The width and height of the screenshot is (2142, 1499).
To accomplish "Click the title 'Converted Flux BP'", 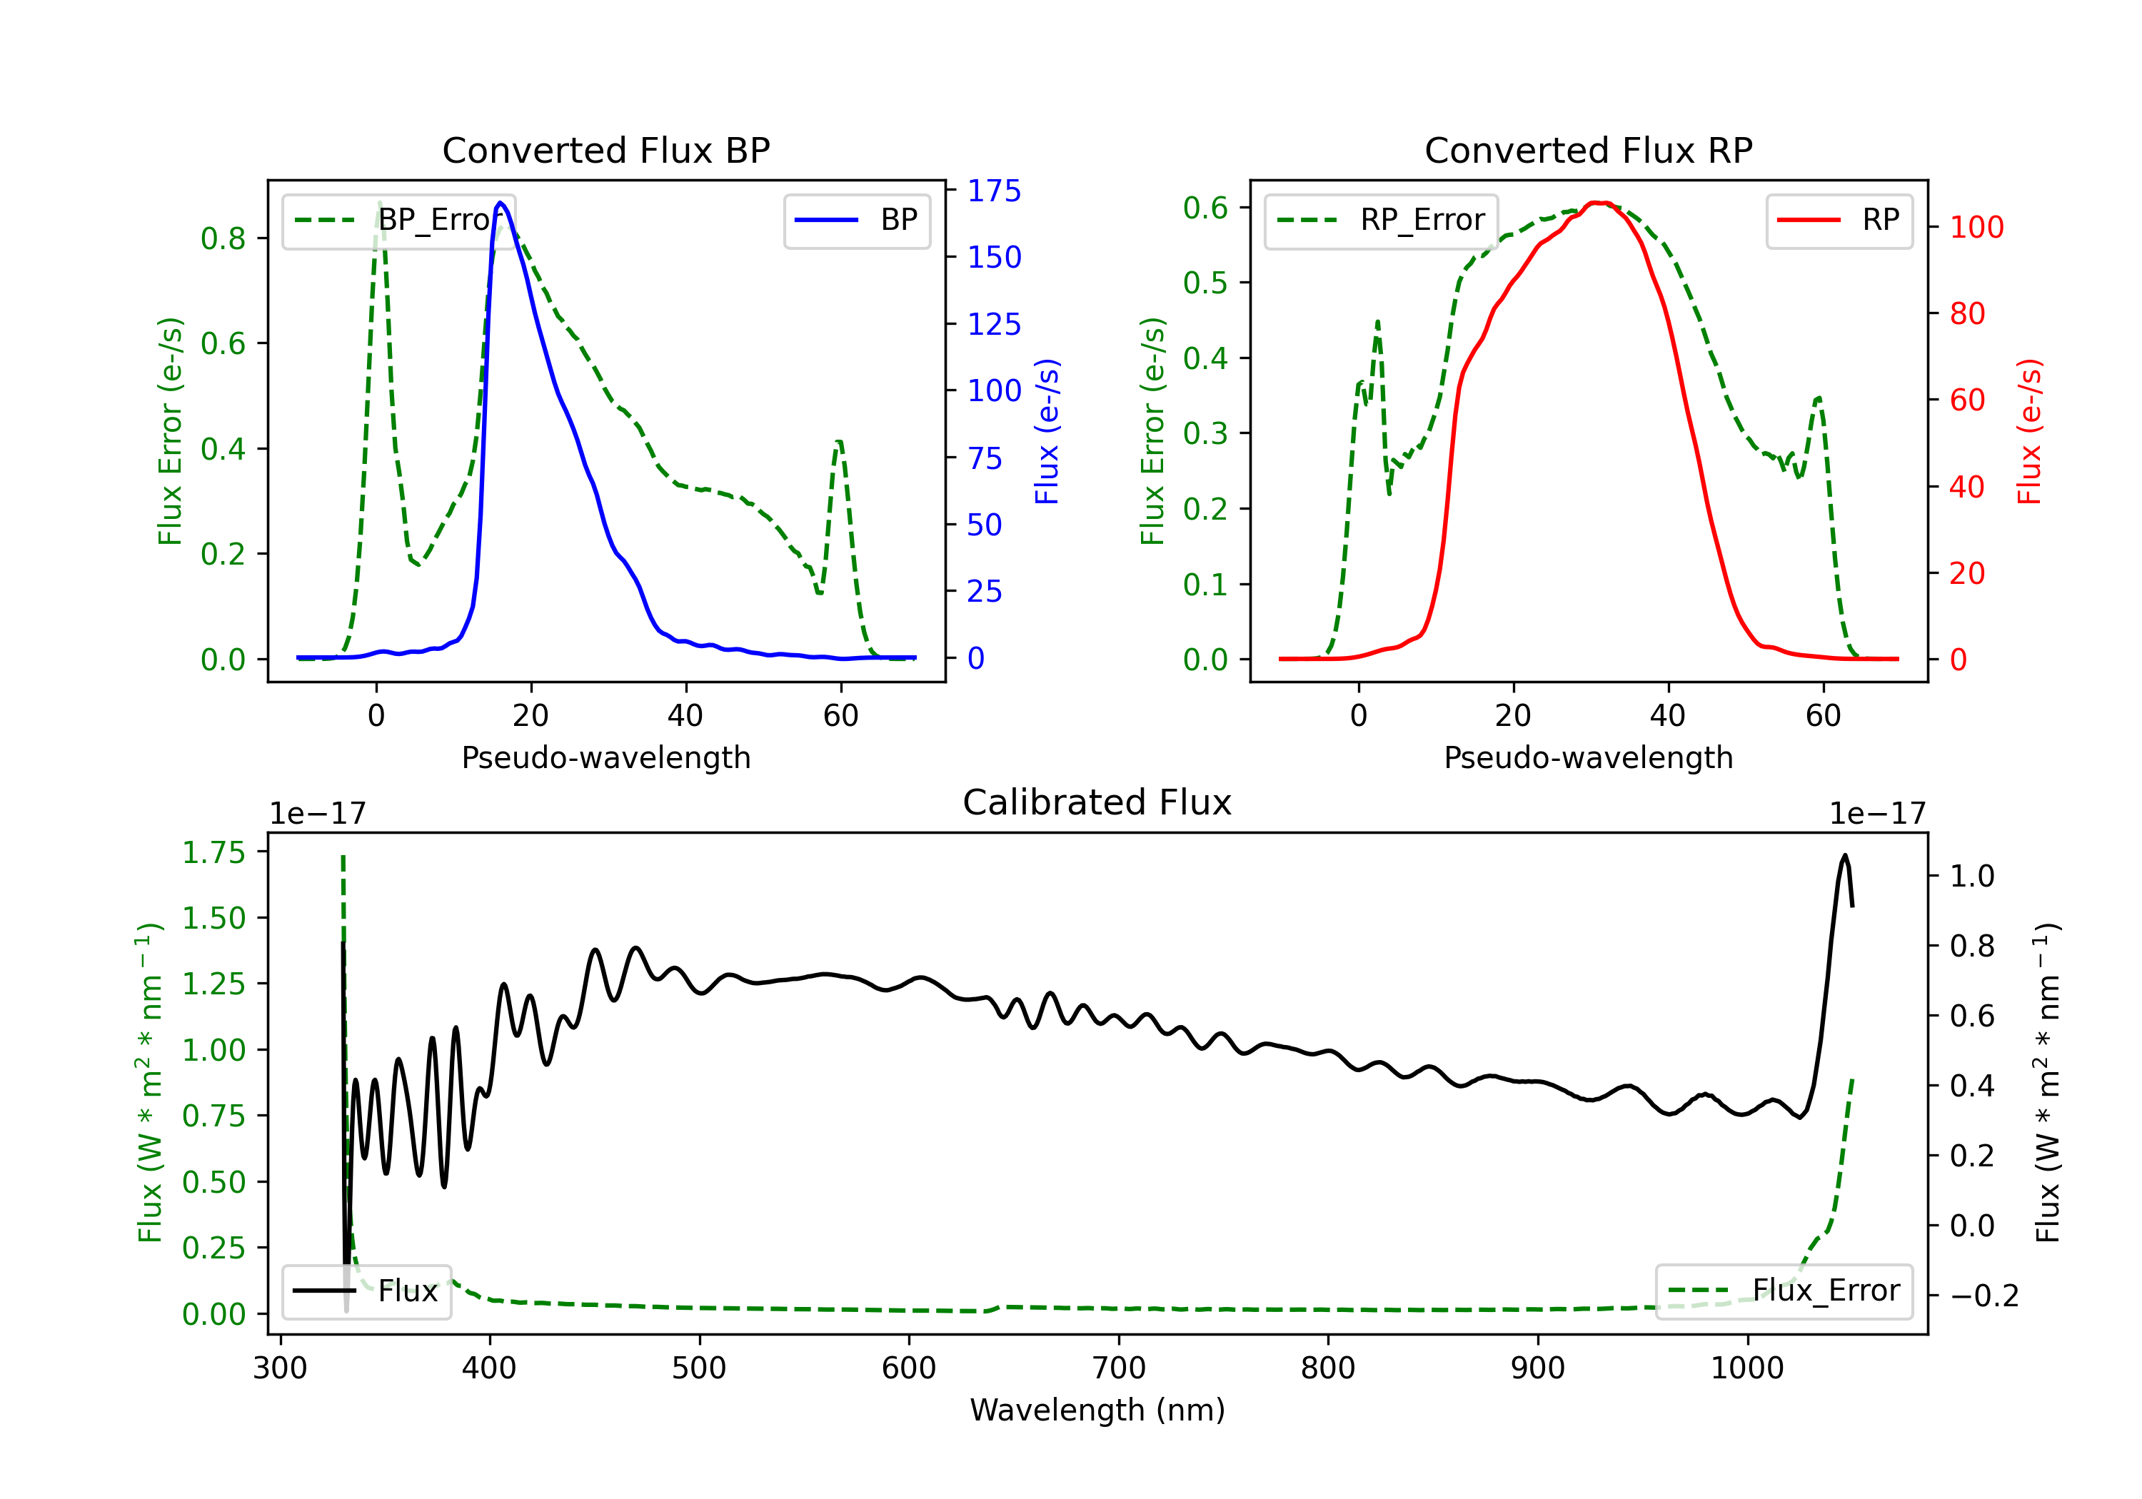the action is (605, 150).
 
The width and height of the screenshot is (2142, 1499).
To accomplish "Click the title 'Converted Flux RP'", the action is (1588, 150).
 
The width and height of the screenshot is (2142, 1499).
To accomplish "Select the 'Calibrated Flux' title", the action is (1097, 802).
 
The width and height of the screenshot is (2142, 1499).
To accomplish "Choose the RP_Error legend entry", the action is (1381, 220).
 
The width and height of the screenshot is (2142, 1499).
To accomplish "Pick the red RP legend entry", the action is (1839, 220).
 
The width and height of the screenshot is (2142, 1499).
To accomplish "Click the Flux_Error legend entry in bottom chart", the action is (1784, 1291).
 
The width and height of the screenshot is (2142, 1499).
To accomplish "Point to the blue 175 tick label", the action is (994, 191).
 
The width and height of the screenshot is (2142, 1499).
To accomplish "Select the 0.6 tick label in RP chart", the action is (1205, 207).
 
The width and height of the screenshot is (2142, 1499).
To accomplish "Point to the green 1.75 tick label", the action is (213, 852).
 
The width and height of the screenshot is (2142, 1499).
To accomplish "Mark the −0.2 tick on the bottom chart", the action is (1984, 1296).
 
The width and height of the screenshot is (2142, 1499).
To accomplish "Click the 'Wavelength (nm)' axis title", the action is (1097, 1410).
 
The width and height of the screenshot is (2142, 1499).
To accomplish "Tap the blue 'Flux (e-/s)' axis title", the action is (1047, 431).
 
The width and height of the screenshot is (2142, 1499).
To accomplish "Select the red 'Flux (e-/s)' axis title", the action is (2029, 431).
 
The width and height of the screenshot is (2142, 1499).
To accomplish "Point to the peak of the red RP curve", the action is (1597, 203).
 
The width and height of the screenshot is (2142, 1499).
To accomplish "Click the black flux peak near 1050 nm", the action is (1844, 855).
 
